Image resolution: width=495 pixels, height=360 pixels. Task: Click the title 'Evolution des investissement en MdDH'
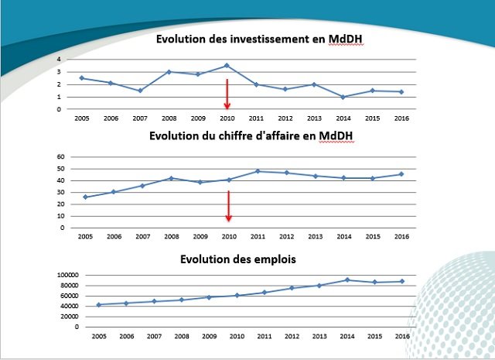pyautogui.click(x=255, y=40)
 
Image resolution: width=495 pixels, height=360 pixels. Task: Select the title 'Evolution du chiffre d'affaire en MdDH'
pyautogui.click(x=255, y=138)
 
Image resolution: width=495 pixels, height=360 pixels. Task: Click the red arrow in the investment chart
pyautogui.click(x=227, y=94)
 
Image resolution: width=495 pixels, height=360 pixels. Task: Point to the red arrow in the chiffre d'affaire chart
pyautogui.click(x=229, y=205)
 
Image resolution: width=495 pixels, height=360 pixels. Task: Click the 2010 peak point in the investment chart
pyautogui.click(x=227, y=65)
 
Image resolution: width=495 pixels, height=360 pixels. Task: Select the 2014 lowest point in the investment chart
pyautogui.click(x=342, y=97)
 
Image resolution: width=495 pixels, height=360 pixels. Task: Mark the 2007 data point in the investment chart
pyautogui.click(x=140, y=91)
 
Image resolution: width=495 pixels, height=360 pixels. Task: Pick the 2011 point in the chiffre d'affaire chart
pyautogui.click(x=257, y=171)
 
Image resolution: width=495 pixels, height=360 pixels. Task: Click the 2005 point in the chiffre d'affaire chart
pyautogui.click(x=84, y=197)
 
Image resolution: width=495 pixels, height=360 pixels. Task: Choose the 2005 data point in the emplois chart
pyautogui.click(x=98, y=304)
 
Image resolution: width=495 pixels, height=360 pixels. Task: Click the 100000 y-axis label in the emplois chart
pyautogui.click(x=67, y=275)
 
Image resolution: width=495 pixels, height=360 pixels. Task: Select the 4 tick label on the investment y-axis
pyautogui.click(x=59, y=59)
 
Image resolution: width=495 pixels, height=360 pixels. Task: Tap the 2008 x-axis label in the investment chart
pyautogui.click(x=169, y=118)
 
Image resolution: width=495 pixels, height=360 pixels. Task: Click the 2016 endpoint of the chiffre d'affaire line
pyautogui.click(x=400, y=173)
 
